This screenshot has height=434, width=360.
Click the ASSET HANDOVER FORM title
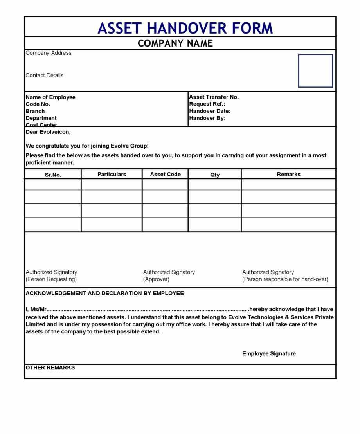point(185,28)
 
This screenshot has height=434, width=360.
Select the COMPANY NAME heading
point(175,43)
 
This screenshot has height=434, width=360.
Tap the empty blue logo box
point(315,71)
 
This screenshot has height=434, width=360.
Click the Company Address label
point(49,53)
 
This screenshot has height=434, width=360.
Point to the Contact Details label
point(44,76)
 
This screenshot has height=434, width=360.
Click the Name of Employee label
point(50,97)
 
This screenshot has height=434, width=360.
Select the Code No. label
point(38,104)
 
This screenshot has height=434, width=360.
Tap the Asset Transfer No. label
point(214,97)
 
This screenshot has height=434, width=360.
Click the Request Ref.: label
point(207,104)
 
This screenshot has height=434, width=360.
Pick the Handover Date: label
point(210,111)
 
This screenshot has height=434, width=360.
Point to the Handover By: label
point(207,118)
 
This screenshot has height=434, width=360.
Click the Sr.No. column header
point(53,175)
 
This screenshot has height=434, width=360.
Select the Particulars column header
point(112,174)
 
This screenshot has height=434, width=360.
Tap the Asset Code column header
point(166,174)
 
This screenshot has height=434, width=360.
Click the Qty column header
point(215,175)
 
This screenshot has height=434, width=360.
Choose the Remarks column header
point(289,174)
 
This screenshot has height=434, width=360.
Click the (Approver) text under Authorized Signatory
point(156,279)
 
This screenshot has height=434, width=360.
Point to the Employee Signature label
point(269,354)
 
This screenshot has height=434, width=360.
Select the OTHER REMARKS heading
point(50,368)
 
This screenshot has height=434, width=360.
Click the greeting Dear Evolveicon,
point(48,132)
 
